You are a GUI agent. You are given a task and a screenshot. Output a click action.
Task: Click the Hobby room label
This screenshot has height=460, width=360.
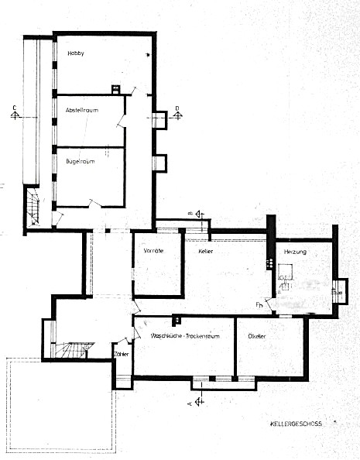pyautogui.click(x=75, y=53)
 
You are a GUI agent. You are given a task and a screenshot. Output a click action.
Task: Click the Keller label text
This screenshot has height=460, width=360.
pyautogui.click(x=205, y=252)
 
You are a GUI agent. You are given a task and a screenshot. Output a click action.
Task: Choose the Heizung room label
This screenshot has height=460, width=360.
pyautogui.click(x=296, y=253)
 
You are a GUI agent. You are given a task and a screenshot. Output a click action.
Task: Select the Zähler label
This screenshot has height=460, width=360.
pyautogui.click(x=122, y=352)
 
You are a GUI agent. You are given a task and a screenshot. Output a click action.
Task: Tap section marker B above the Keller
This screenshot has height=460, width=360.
pyautogui.click(x=198, y=214)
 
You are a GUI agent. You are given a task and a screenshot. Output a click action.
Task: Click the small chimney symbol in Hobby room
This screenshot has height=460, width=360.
pyautogui.click(x=116, y=88)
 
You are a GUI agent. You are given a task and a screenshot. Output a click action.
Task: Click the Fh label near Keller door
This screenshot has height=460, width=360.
pyautogui.click(x=259, y=305)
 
